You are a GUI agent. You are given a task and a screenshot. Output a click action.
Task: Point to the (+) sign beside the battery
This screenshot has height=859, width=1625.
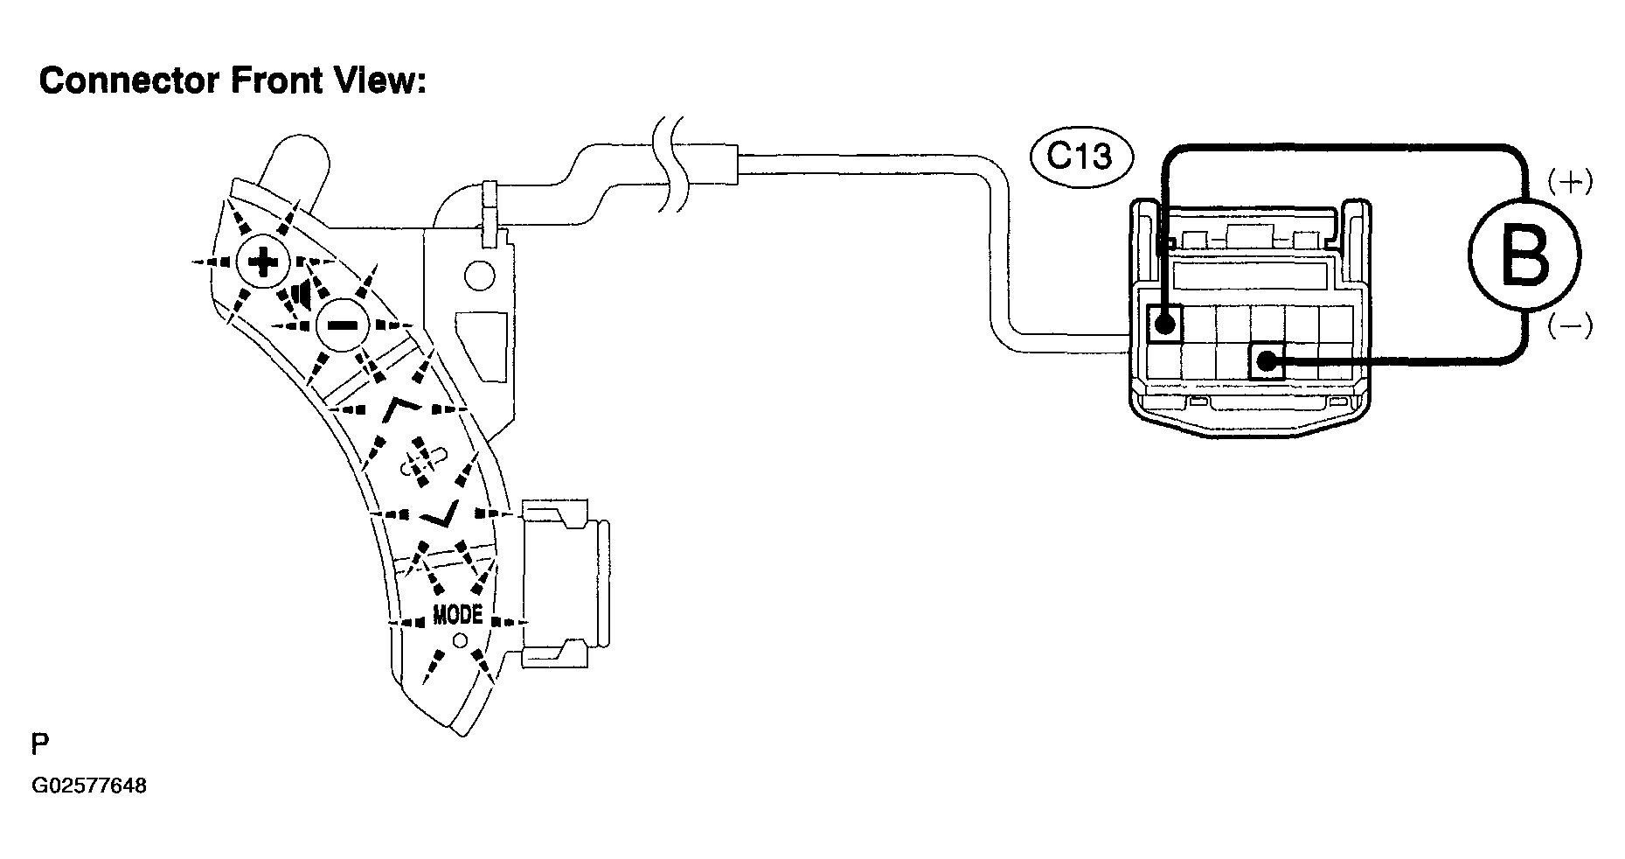point(1570,182)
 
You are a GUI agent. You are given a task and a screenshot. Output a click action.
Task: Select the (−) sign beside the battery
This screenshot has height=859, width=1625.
point(1570,326)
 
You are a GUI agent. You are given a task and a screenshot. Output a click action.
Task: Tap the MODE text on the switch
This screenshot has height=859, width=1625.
point(458,615)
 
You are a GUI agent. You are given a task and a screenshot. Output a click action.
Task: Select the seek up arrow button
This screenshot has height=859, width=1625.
point(404,407)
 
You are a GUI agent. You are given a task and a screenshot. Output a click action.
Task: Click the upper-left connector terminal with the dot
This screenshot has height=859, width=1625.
point(1163,324)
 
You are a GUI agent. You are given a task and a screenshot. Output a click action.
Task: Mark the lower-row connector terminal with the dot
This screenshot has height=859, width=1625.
point(1266,360)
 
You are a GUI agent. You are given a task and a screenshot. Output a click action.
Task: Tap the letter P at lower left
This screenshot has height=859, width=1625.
point(40,744)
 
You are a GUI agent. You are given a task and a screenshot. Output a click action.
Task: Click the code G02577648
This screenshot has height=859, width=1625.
point(89,786)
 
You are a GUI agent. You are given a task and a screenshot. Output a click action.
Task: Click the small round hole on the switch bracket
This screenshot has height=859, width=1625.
point(479,276)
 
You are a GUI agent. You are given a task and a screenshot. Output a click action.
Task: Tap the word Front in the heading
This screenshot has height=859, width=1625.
point(274,81)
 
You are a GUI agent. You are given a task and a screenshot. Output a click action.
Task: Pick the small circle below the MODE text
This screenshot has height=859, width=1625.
point(460,641)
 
